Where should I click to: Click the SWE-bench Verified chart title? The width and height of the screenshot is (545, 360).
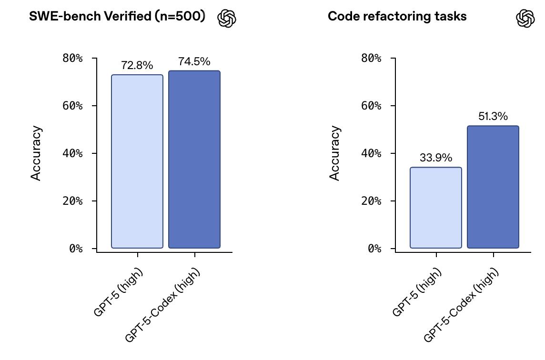[x=117, y=16]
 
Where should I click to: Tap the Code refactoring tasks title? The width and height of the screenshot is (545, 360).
[x=397, y=16]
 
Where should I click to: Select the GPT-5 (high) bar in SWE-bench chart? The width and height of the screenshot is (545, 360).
[x=137, y=161]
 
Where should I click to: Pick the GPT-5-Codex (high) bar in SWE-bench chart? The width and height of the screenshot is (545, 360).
[x=194, y=160]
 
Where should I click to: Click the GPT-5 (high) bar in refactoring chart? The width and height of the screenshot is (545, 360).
[x=436, y=208]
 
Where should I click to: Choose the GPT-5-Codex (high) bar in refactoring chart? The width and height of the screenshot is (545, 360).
[x=493, y=187]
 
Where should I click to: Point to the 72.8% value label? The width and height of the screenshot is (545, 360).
[x=137, y=66]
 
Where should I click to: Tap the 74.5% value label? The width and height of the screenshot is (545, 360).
[x=194, y=61]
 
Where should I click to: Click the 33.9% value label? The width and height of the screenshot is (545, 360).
[x=436, y=158]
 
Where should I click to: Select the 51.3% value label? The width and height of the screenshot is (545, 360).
[x=493, y=117]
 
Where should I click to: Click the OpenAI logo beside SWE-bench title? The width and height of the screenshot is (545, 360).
[x=227, y=19]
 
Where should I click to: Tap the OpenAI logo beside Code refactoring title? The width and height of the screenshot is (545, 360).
[x=525, y=19]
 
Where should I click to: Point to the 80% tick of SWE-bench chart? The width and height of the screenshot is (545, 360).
[x=72, y=58]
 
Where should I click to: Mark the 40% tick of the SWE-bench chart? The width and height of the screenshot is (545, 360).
[x=72, y=153]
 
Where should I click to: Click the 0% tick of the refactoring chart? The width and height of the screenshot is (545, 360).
[x=374, y=249]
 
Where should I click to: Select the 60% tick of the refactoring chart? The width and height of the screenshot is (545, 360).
[x=371, y=106]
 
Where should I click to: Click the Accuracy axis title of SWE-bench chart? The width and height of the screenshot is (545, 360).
[x=36, y=153]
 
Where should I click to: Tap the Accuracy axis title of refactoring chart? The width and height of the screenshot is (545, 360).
[x=335, y=153]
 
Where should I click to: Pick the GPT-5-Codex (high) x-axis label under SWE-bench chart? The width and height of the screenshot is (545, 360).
[x=163, y=305]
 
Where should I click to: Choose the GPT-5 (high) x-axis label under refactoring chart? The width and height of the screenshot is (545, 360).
[x=417, y=292]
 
